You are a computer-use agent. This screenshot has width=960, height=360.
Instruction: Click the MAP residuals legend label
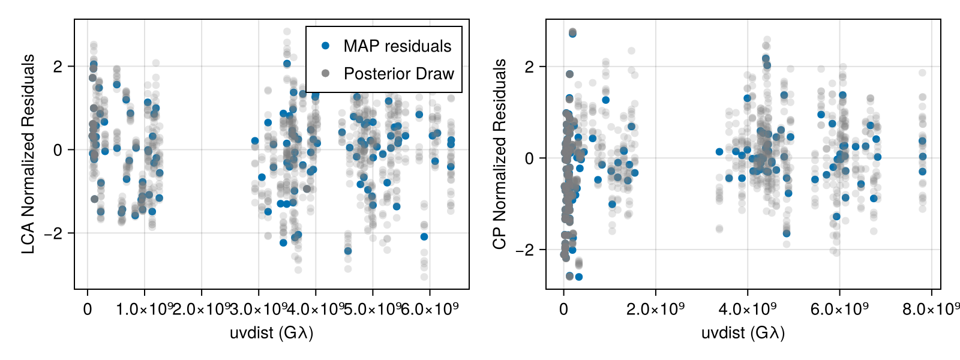(397, 46)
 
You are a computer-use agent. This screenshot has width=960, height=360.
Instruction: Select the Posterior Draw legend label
(398, 74)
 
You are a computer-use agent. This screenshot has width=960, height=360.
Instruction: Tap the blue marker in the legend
(325, 46)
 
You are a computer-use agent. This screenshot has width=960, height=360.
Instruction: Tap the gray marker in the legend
(325, 73)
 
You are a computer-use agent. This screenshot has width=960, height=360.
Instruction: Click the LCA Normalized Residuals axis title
(28, 154)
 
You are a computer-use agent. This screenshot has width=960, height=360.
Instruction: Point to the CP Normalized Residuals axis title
(500, 154)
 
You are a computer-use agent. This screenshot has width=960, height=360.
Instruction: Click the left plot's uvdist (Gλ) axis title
(271, 332)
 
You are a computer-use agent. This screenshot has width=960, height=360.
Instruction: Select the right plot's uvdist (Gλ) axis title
(743, 332)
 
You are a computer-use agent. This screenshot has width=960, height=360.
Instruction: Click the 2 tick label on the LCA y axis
(58, 67)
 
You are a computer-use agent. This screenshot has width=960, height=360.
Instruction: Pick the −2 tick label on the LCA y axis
(54, 233)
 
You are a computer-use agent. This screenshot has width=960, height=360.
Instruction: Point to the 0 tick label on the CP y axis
(529, 158)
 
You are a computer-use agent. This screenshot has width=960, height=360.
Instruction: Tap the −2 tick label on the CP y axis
(525, 250)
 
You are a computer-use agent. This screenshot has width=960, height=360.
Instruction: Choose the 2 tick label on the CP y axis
(529, 67)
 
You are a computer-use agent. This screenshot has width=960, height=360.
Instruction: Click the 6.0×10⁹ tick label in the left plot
(430, 310)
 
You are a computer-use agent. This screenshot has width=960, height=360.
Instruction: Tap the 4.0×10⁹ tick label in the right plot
(748, 310)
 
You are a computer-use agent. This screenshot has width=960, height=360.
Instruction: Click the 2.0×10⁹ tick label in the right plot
(655, 310)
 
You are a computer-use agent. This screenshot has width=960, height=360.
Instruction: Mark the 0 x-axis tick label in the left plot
(88, 310)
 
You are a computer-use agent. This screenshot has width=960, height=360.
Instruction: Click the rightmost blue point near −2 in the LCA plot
(424, 236)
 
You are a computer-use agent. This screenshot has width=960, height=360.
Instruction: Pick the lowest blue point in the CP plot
(578, 277)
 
